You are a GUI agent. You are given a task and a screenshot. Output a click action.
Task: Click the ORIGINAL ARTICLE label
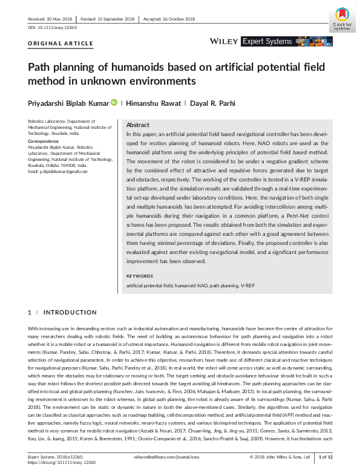click(x=61, y=44)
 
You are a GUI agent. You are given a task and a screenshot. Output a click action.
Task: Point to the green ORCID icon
click(x=114, y=103)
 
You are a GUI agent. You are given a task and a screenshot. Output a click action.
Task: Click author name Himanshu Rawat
click(x=150, y=103)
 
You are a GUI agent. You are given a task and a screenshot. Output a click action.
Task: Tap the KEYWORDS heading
click(x=140, y=276)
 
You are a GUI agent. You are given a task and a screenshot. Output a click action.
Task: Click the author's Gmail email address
click(x=58, y=172)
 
